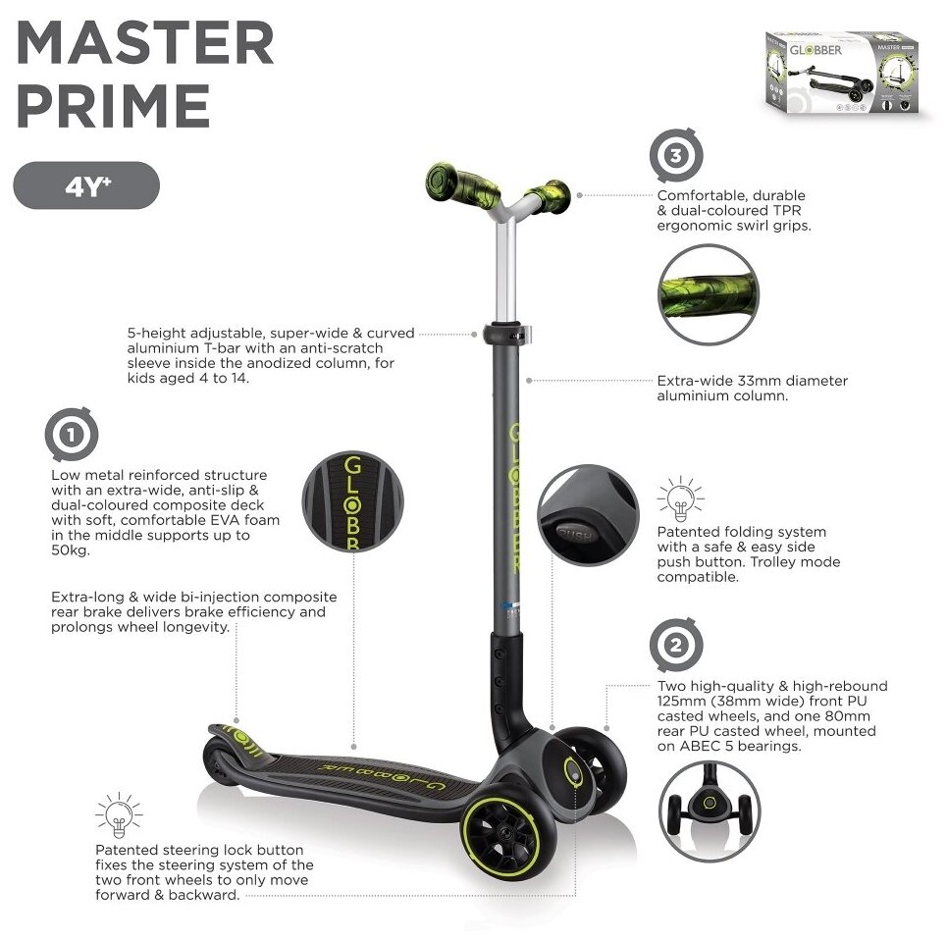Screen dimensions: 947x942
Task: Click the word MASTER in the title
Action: pyautogui.click(x=144, y=44)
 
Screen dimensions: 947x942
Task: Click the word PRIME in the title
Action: pyautogui.click(x=114, y=107)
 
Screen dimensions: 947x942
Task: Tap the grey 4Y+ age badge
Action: pyautogui.click(x=86, y=185)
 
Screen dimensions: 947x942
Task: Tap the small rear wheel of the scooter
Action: pyautogui.click(x=217, y=761)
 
